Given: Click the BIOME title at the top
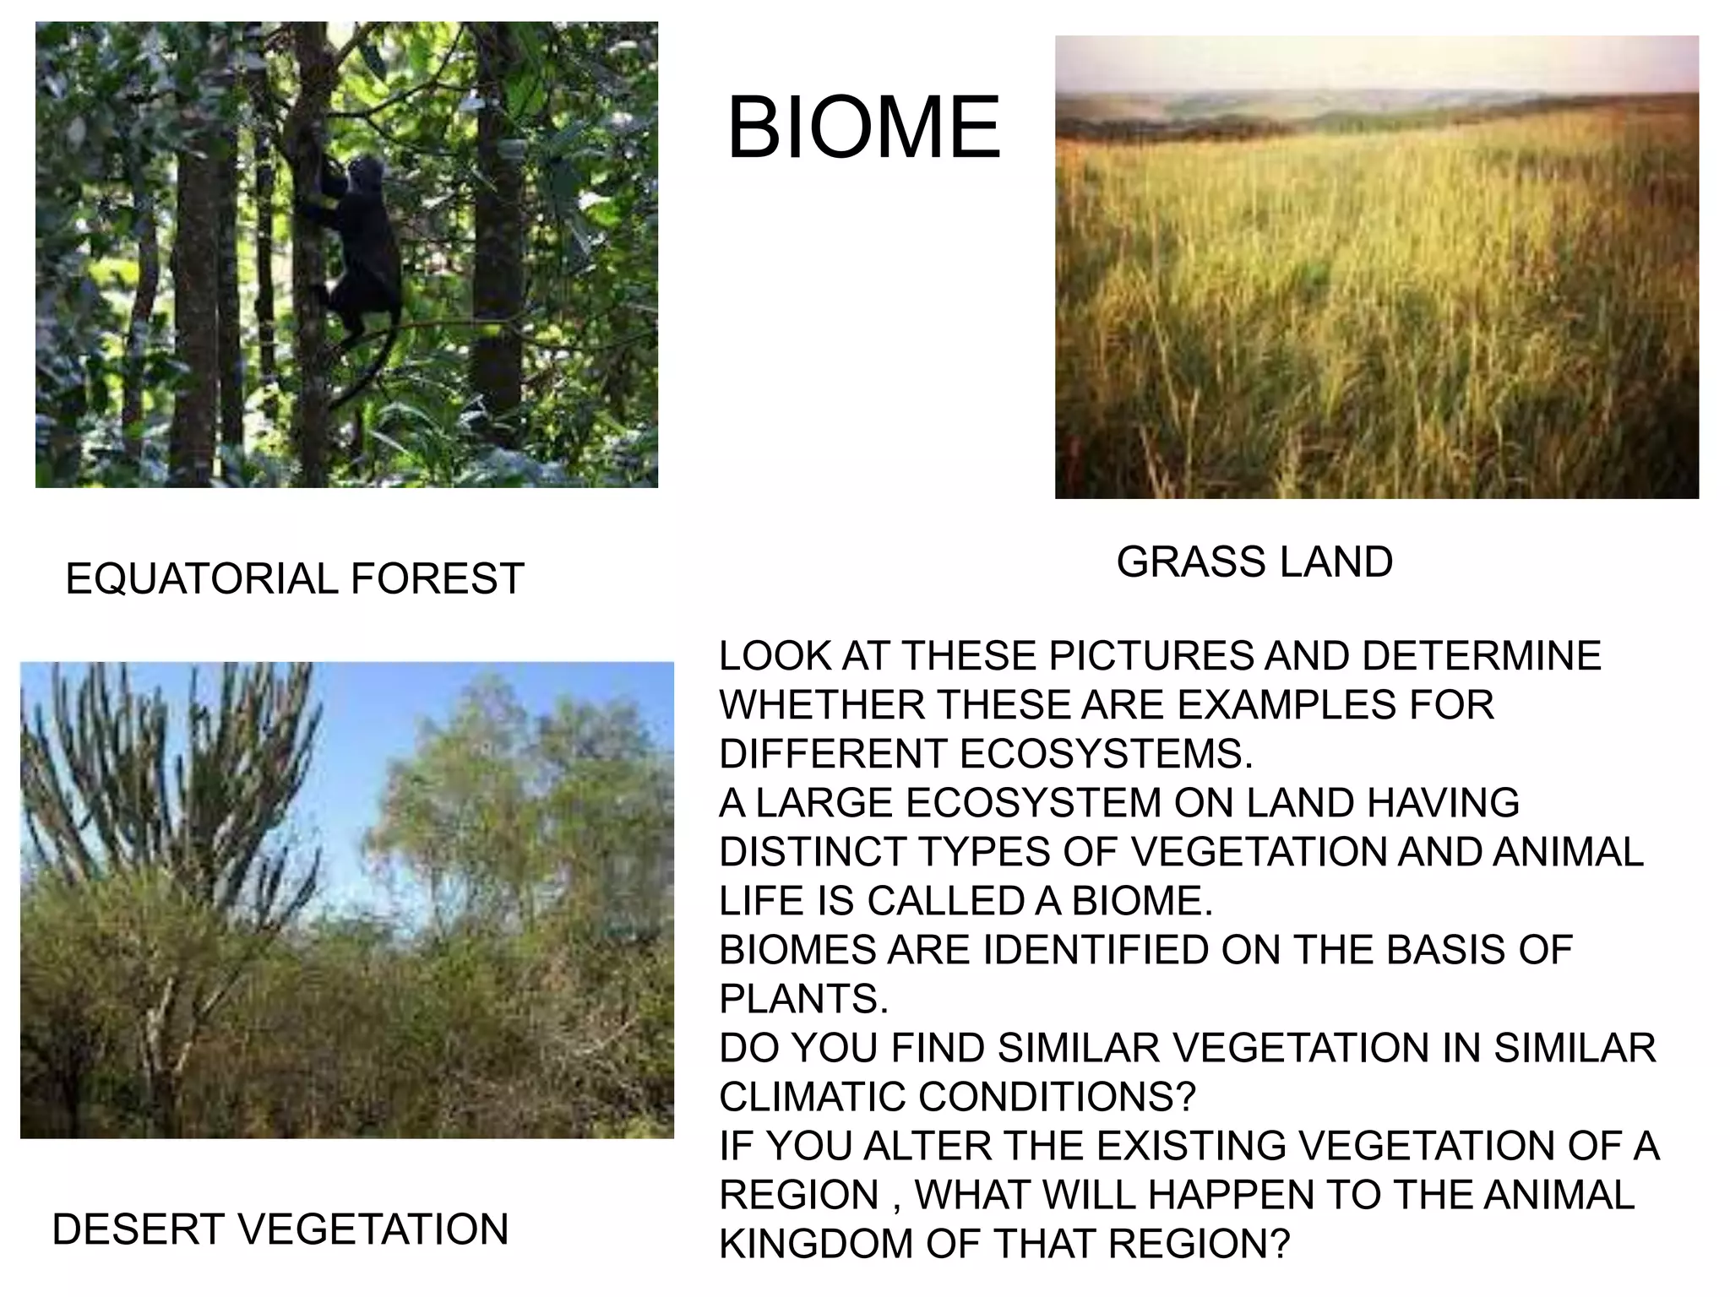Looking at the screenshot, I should click(863, 128).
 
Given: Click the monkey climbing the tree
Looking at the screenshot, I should click(359, 245).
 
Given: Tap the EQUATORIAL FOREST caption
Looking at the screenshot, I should click(295, 579).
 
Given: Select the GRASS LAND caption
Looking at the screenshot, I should click(1254, 562).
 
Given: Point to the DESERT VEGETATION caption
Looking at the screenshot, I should click(280, 1229).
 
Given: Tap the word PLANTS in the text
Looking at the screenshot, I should click(802, 999).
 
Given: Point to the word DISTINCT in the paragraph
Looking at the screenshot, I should click(812, 852).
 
